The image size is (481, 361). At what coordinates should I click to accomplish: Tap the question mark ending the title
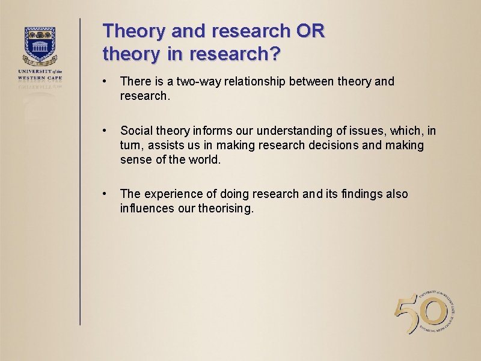[x=274, y=54]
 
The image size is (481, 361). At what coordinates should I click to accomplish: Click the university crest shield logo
[x=41, y=44]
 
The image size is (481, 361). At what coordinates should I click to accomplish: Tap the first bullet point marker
[x=105, y=81]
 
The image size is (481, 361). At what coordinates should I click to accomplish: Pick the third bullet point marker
[x=105, y=194]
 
